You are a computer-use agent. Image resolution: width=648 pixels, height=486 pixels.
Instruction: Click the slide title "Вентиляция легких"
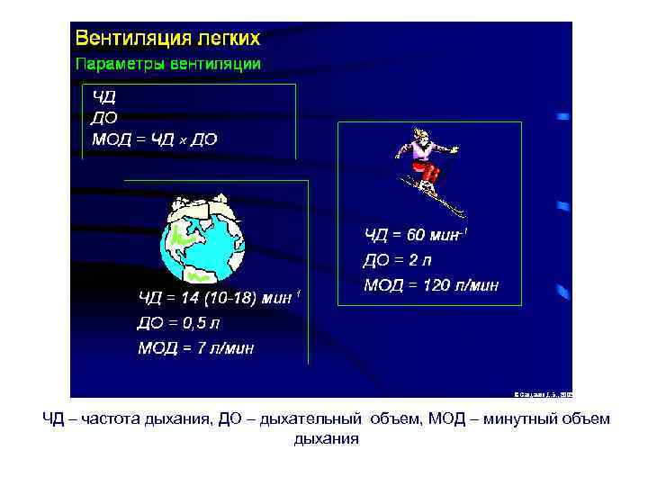coord(167,39)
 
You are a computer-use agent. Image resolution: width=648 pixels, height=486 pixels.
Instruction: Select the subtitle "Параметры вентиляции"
coord(167,64)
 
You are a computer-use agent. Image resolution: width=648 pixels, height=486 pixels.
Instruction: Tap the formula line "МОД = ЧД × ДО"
coord(154,139)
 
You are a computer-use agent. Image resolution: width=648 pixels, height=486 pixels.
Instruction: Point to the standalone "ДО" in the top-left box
coord(104,118)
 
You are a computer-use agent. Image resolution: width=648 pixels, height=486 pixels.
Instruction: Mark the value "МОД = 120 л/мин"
coord(430,286)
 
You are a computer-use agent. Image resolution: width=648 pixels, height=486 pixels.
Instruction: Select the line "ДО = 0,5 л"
coord(178,322)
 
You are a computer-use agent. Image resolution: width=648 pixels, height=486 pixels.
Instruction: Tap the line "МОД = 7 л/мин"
coord(195,347)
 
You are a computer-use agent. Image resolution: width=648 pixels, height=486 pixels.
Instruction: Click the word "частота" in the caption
coord(111,419)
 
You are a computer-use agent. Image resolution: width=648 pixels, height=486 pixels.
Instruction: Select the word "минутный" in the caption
coord(526,419)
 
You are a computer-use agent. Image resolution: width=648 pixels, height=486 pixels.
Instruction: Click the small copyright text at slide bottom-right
coord(543,393)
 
